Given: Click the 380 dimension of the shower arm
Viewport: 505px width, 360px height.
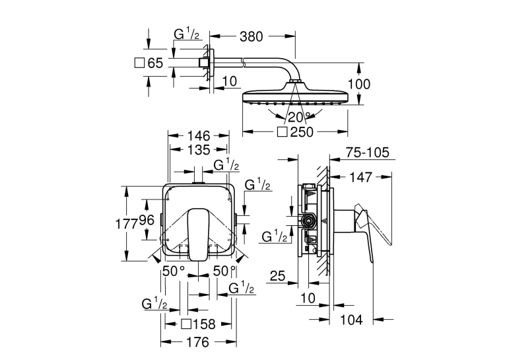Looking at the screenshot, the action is pyautogui.click(x=252, y=36).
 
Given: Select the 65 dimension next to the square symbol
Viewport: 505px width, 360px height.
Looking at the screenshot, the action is pyautogui.click(x=155, y=63).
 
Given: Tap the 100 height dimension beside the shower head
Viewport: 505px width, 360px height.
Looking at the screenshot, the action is pyautogui.click(x=359, y=84).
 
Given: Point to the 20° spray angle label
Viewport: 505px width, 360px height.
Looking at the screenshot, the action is pyautogui.click(x=299, y=117).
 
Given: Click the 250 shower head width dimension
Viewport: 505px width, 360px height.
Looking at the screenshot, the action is pyautogui.click(x=302, y=132).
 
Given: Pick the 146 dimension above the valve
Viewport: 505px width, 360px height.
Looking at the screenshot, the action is pyautogui.click(x=199, y=135).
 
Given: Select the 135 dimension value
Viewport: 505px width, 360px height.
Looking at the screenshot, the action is pyautogui.click(x=199, y=150).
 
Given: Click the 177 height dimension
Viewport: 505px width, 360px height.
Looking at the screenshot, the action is pyautogui.click(x=127, y=223).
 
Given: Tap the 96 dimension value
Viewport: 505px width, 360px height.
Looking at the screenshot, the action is pyautogui.click(x=147, y=221).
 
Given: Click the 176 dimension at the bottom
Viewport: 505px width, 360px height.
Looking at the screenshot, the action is pyautogui.click(x=198, y=342).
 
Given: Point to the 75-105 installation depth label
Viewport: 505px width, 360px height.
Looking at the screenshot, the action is pyautogui.click(x=368, y=153).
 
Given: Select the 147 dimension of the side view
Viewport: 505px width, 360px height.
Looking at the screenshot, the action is pyautogui.click(x=360, y=177).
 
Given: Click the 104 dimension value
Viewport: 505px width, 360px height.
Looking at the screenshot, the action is pyautogui.click(x=351, y=320).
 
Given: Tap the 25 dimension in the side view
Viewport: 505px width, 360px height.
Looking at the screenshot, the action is pyautogui.click(x=277, y=276).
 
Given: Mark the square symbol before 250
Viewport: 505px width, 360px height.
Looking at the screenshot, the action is pyautogui.click(x=282, y=132).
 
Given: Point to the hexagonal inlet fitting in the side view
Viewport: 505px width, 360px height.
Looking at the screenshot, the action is pyautogui.click(x=308, y=221).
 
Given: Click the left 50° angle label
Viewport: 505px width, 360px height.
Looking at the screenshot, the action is pyautogui.click(x=174, y=271).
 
